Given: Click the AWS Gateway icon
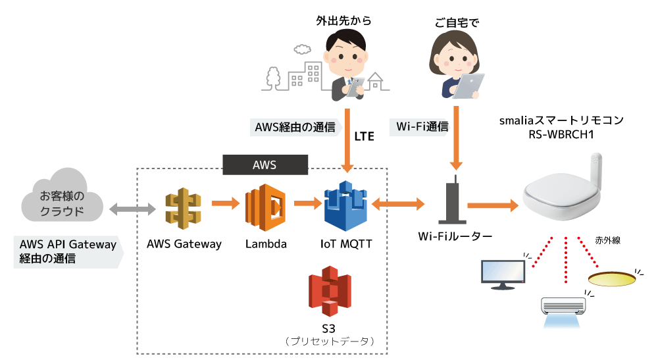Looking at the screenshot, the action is (x=183, y=209).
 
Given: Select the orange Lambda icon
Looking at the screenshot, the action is (x=265, y=207).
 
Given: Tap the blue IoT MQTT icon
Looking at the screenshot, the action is (x=346, y=206).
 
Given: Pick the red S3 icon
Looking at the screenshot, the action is (x=330, y=291).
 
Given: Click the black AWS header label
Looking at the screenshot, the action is (x=265, y=165).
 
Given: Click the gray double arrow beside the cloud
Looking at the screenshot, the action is (x=133, y=209).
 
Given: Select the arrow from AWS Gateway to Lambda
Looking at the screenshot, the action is (x=225, y=203).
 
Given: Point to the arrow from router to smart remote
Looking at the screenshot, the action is (x=493, y=205).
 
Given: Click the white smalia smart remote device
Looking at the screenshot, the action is (x=563, y=187).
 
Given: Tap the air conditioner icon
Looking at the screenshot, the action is (x=563, y=311).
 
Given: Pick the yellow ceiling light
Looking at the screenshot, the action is (x=612, y=278).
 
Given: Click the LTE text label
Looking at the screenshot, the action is (x=365, y=136).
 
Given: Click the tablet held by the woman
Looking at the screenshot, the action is (x=468, y=86).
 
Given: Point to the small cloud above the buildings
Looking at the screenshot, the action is (x=302, y=49).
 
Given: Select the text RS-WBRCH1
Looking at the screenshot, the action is (x=561, y=134).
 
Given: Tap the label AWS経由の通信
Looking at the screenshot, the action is (x=295, y=127).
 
